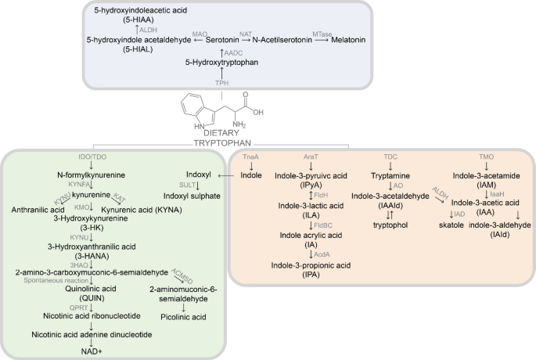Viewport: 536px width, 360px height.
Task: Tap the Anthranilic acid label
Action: tap(38, 210)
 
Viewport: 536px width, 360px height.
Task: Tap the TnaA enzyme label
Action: tap(251, 157)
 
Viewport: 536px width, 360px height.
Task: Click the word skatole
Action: tap(447, 224)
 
